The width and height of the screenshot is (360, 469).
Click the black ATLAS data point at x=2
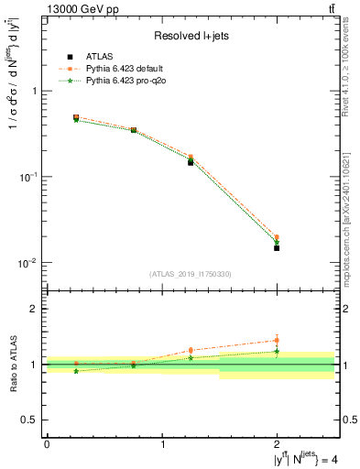coord(277,247)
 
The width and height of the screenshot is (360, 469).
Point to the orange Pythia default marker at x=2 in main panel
coord(277,237)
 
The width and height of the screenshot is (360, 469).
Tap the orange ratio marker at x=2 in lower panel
coord(277,340)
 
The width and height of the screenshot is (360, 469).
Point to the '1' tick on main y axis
coord(34,91)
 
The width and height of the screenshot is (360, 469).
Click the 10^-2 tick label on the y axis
coord(27,263)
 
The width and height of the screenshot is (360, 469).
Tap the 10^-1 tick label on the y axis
coord(27,177)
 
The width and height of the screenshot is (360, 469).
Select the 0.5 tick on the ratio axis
coord(30,420)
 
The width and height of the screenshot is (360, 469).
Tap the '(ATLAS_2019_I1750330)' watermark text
coord(190,274)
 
